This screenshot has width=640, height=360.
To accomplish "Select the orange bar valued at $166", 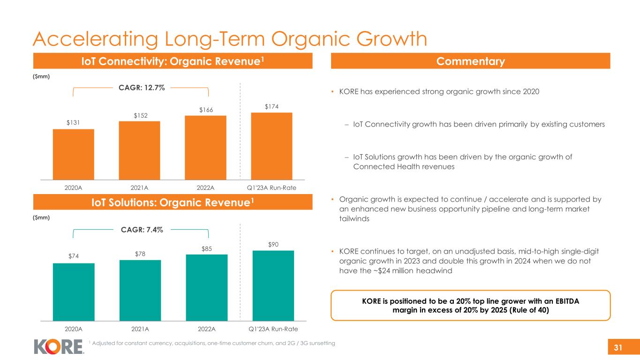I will click(x=205, y=147).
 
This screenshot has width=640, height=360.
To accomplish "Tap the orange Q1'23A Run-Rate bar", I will click(x=271, y=146).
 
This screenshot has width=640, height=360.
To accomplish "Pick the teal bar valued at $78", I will click(x=140, y=290).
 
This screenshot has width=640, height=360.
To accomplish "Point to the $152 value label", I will click(x=140, y=115).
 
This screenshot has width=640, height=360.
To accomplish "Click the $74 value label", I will click(x=73, y=257).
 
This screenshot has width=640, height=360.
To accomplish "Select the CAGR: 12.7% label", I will click(x=140, y=88).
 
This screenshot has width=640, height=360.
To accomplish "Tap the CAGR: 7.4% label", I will click(x=141, y=229).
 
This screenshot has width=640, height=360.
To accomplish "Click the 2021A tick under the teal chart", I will click(x=140, y=329).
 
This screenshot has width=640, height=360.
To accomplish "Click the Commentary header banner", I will click(x=471, y=61).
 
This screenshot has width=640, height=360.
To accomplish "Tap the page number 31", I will click(x=618, y=347).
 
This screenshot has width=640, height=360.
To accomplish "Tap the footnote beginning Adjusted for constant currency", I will click(x=213, y=344).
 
